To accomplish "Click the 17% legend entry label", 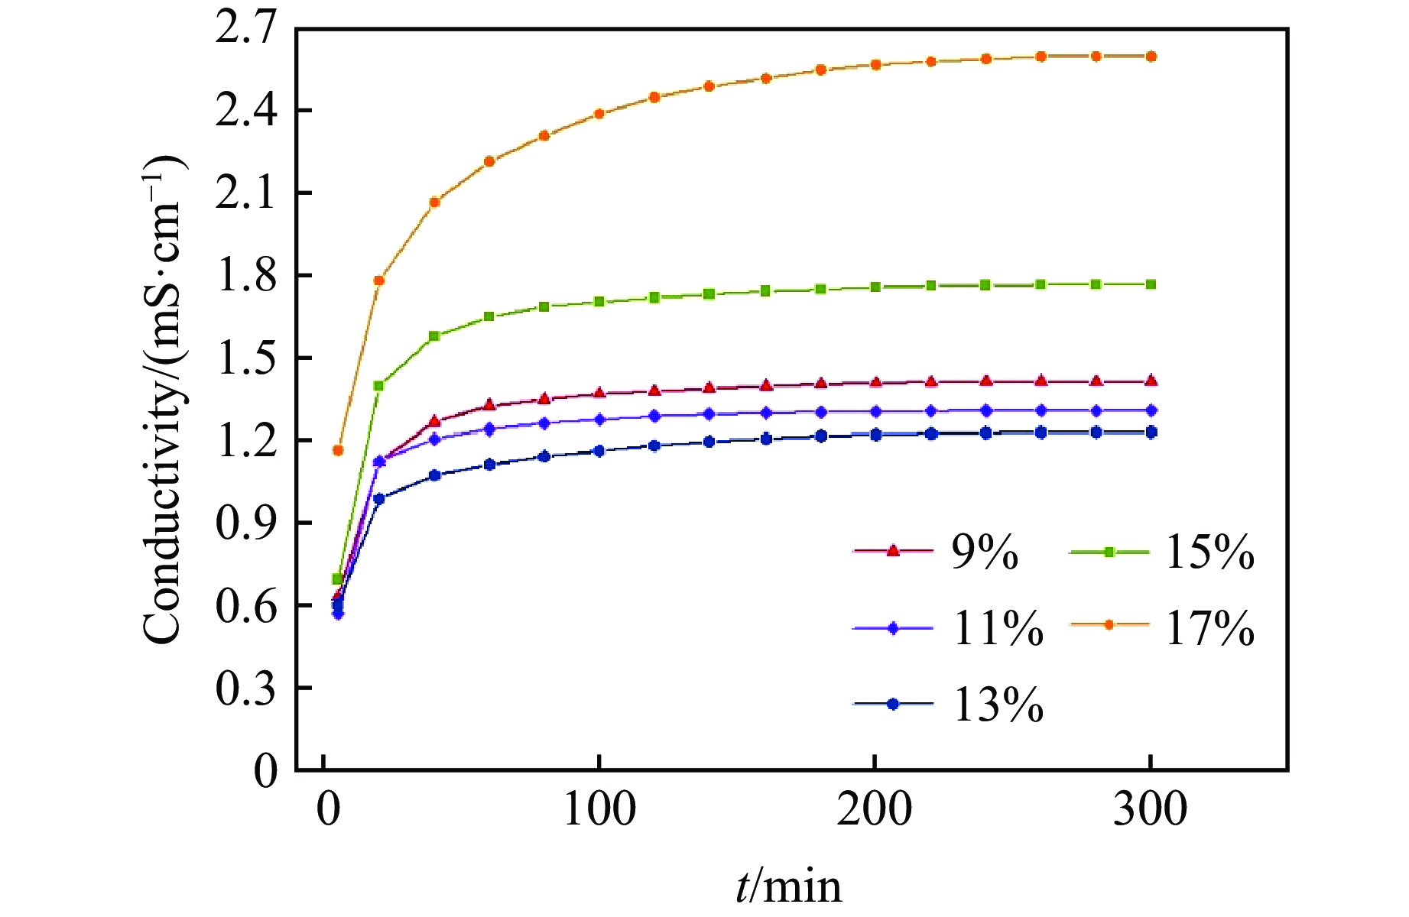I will pyautogui.click(x=1209, y=628).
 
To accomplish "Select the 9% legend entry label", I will pyautogui.click(x=985, y=552).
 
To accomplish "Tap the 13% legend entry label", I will pyautogui.click(x=998, y=705).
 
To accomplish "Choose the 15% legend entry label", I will pyautogui.click(x=1209, y=552).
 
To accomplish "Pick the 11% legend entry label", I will pyautogui.click(x=998, y=628).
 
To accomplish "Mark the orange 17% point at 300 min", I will pyautogui.click(x=1151, y=57).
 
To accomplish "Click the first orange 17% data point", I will pyautogui.click(x=338, y=450).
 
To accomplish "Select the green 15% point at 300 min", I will pyautogui.click(x=1151, y=284).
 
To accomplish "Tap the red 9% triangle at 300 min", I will pyautogui.click(x=1151, y=381).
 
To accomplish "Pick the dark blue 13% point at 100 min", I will pyautogui.click(x=599, y=451).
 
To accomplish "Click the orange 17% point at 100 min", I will pyautogui.click(x=599, y=114).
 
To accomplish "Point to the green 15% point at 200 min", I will pyautogui.click(x=875, y=287).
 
